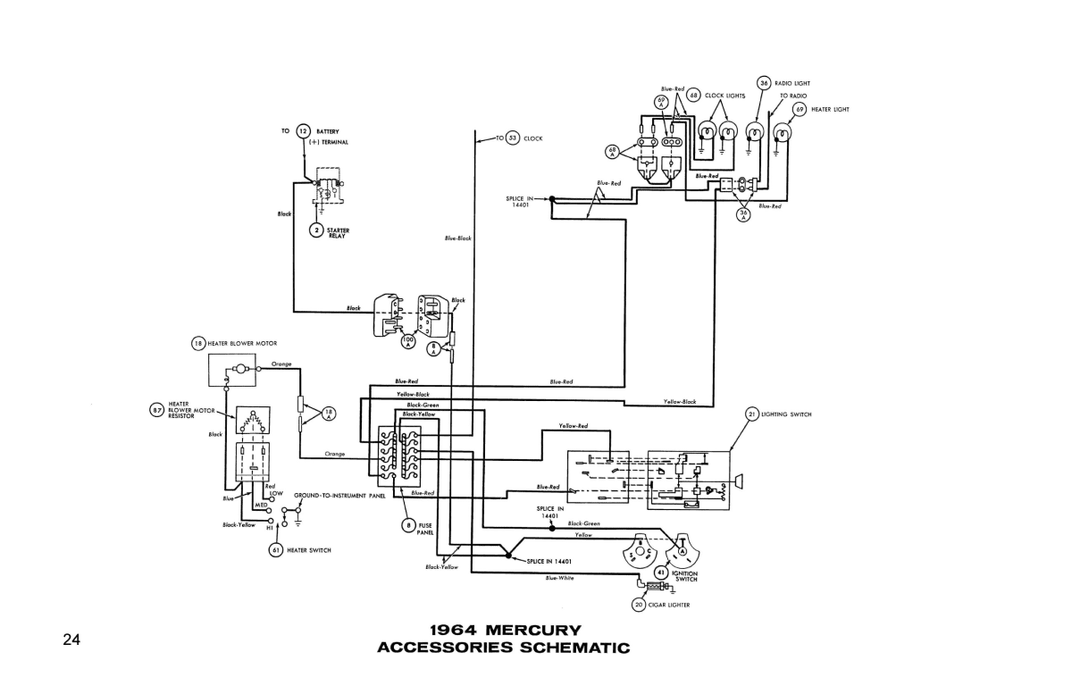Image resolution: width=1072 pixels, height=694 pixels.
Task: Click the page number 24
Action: click(71, 640)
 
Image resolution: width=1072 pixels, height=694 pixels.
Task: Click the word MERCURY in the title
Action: click(535, 631)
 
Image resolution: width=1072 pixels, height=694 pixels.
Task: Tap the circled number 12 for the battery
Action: click(303, 131)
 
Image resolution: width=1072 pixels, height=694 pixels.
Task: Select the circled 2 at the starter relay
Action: click(315, 230)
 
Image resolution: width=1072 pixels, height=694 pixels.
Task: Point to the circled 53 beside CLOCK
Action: click(512, 138)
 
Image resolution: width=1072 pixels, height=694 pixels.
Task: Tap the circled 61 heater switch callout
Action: click(276, 550)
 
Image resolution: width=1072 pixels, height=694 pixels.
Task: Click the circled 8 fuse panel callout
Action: click(408, 525)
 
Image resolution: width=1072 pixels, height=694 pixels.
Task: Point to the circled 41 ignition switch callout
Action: click(661, 573)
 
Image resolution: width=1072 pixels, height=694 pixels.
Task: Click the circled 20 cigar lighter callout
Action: click(638, 605)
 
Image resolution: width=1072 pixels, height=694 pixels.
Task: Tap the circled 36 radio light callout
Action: click(764, 83)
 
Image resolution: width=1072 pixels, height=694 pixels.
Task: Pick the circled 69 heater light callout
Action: click(800, 109)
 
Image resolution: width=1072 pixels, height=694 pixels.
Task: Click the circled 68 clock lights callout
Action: click(692, 95)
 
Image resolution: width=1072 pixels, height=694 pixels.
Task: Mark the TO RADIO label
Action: click(792, 96)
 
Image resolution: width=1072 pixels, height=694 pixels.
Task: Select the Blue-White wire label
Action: click(559, 578)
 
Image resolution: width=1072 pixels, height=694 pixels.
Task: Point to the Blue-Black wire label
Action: click(457, 238)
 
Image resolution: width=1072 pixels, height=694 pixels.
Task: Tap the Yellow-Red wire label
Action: click(573, 425)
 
